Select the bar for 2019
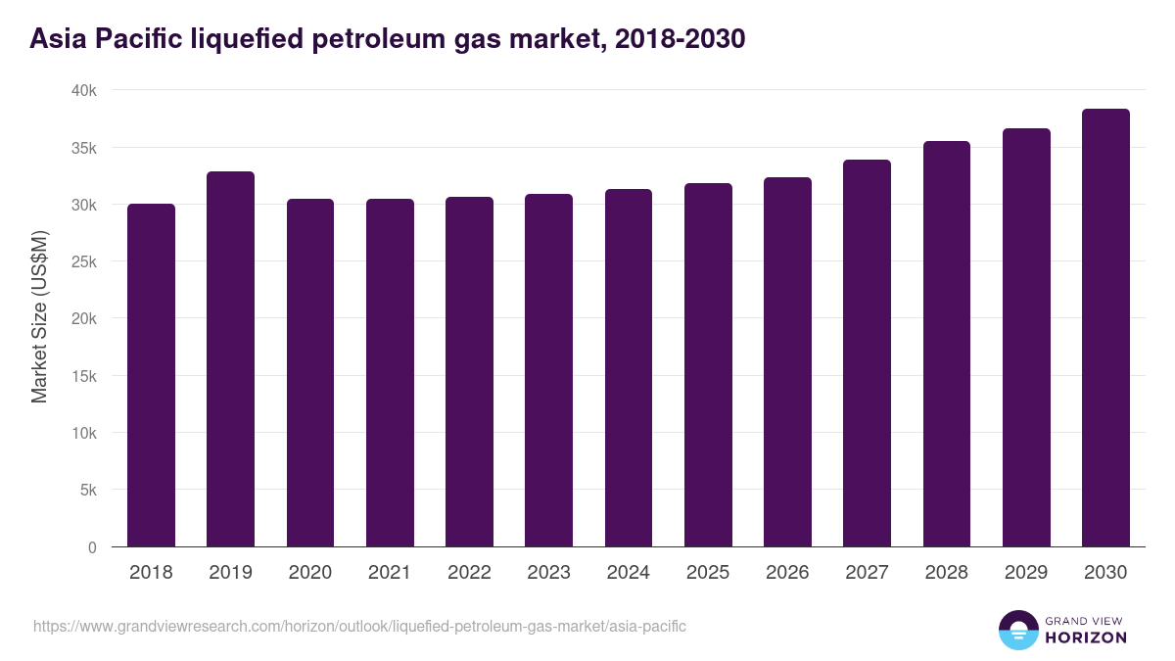tap(230, 359)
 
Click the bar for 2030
tap(1105, 328)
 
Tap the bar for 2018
tap(151, 375)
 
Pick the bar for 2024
tap(628, 368)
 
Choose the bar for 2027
tap(867, 354)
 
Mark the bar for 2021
tap(390, 373)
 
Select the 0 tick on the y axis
tap(92, 547)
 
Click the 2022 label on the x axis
tap(469, 573)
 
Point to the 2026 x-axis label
tap(787, 573)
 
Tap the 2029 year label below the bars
tap(1026, 573)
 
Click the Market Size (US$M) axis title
tap(39, 318)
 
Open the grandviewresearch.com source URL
tap(359, 626)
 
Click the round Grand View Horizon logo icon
tap(1018, 630)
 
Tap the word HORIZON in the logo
tap(1086, 637)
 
